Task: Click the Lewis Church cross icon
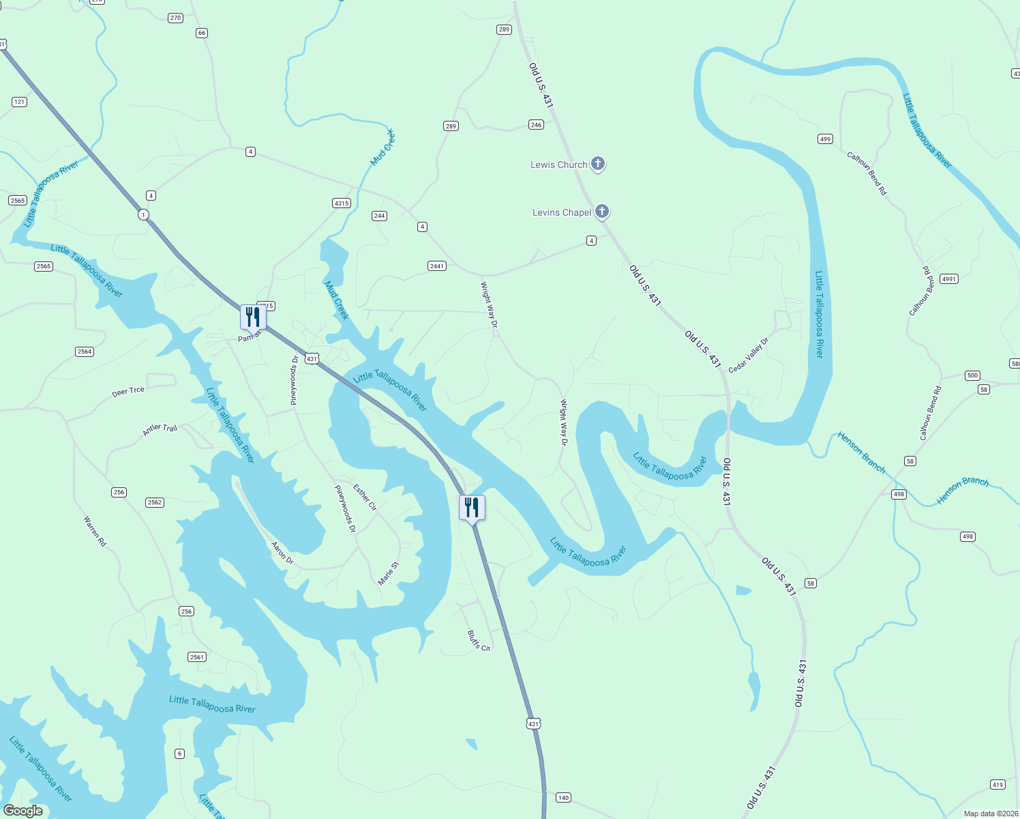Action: click(x=597, y=164)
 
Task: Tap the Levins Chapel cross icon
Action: click(x=601, y=212)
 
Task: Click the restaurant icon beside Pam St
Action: click(x=253, y=317)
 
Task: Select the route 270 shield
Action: click(x=175, y=18)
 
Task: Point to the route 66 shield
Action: click(x=201, y=33)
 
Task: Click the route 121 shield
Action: click(x=19, y=102)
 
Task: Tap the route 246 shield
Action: click(x=536, y=124)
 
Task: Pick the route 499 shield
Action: click(x=825, y=139)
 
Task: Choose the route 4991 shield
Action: click(x=948, y=278)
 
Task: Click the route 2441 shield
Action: click(x=437, y=265)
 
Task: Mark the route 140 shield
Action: click(x=563, y=797)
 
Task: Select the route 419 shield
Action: click(x=997, y=784)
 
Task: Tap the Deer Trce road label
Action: click(x=128, y=392)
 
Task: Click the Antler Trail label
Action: click(x=160, y=429)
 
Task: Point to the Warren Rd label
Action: click(x=95, y=531)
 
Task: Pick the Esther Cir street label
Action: click(x=365, y=497)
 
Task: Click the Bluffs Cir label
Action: click(x=479, y=640)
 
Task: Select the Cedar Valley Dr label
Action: click(x=748, y=355)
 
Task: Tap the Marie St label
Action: click(x=388, y=573)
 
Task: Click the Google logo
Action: click(x=23, y=811)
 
